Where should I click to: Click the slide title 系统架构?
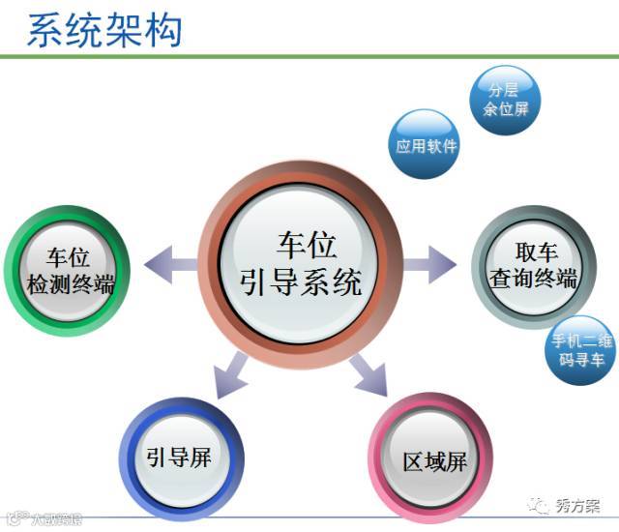click(x=104, y=28)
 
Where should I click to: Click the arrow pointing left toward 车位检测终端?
click(x=166, y=262)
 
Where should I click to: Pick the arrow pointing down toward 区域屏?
click(x=368, y=372)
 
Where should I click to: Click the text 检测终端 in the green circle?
click(x=70, y=285)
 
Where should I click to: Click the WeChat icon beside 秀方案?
click(x=539, y=505)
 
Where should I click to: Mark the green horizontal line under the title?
click(x=309, y=57)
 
